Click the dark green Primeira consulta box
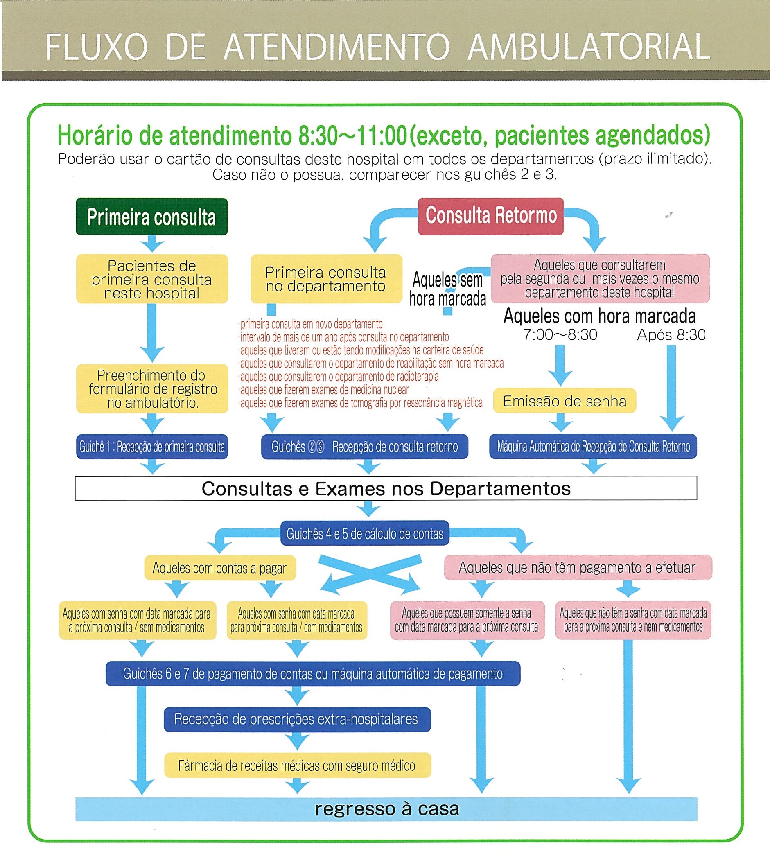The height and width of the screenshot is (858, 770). click(151, 217)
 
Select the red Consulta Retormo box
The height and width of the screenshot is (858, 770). click(490, 216)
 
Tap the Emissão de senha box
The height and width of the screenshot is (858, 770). click(565, 401)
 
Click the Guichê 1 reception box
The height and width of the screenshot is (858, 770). click(152, 447)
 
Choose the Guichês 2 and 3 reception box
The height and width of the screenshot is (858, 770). click(364, 447)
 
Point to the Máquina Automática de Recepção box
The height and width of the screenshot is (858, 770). click(593, 447)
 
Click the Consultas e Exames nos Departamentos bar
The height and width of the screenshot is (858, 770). click(386, 488)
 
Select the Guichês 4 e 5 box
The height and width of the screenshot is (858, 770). click(365, 534)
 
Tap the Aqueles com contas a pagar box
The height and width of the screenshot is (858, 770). click(219, 568)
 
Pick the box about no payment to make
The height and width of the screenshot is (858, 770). click(578, 567)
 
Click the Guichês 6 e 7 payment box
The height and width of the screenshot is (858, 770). click(313, 673)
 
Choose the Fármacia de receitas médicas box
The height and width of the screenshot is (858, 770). click(297, 765)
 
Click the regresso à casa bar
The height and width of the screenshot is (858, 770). click(386, 809)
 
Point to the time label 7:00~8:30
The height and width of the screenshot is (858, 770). click(560, 335)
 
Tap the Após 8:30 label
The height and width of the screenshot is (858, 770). click(671, 335)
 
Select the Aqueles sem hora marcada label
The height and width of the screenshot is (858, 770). click(447, 289)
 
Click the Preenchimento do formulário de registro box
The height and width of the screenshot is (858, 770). click(152, 389)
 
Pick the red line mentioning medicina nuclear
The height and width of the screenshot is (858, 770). click(325, 390)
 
